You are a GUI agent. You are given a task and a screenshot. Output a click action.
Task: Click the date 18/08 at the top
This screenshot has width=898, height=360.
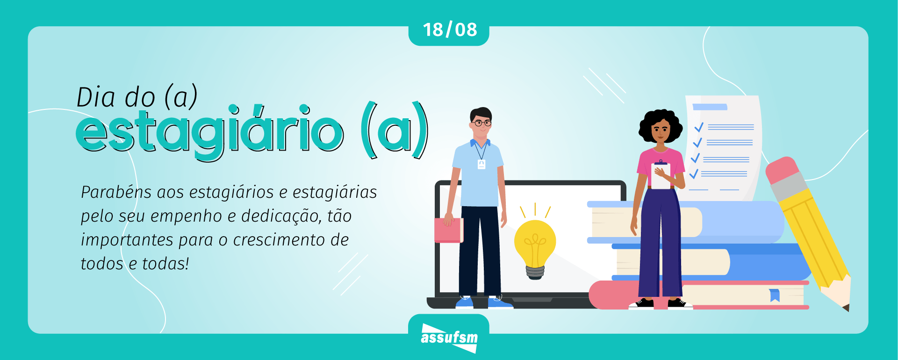(449, 30)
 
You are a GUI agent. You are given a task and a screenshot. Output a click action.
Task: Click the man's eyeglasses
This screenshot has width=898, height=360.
(481, 123)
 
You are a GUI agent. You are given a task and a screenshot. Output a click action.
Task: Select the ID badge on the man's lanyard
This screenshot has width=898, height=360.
(481, 164)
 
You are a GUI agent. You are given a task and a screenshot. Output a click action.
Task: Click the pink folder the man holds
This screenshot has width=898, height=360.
(448, 230)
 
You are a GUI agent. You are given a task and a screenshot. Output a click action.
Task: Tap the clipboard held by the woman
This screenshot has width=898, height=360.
(661, 176)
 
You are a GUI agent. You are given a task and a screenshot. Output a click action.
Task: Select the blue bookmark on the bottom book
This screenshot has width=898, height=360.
(775, 295)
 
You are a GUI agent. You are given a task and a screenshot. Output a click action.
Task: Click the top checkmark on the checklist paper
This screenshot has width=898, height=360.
(699, 127)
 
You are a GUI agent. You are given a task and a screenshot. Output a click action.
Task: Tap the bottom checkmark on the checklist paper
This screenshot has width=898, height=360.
(694, 173)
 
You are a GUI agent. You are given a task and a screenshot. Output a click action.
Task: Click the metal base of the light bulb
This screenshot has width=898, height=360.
(535, 272)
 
